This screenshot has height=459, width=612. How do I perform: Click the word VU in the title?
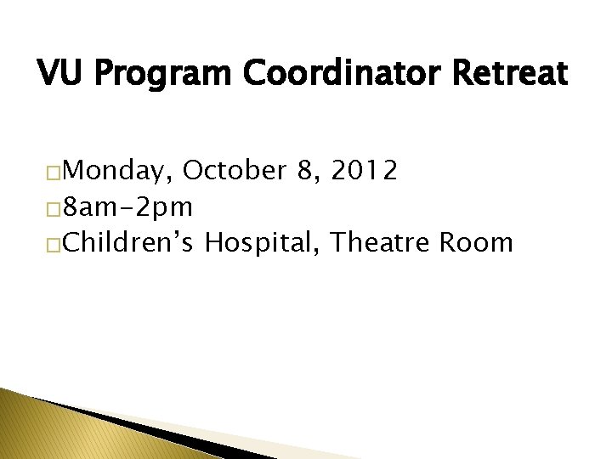click(57, 74)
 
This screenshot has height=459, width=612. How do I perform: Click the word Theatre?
click(383, 243)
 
